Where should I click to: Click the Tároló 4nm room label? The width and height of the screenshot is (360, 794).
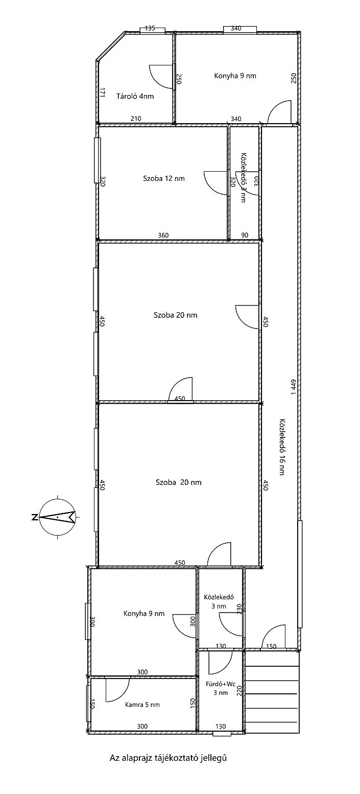click(135, 96)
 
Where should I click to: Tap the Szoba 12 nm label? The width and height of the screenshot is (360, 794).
click(164, 178)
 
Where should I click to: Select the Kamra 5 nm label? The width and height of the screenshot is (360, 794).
click(142, 705)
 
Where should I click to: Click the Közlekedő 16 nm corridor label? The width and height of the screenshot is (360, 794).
click(282, 447)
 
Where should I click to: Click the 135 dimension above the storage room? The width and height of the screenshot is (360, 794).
click(150, 29)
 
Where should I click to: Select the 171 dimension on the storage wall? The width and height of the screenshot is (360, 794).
click(102, 93)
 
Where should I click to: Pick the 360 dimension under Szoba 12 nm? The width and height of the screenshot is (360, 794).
click(163, 236)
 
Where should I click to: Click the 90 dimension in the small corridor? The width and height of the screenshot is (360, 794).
click(245, 236)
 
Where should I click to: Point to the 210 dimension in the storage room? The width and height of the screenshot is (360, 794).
click(136, 119)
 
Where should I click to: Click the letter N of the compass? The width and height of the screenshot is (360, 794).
click(34, 517)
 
